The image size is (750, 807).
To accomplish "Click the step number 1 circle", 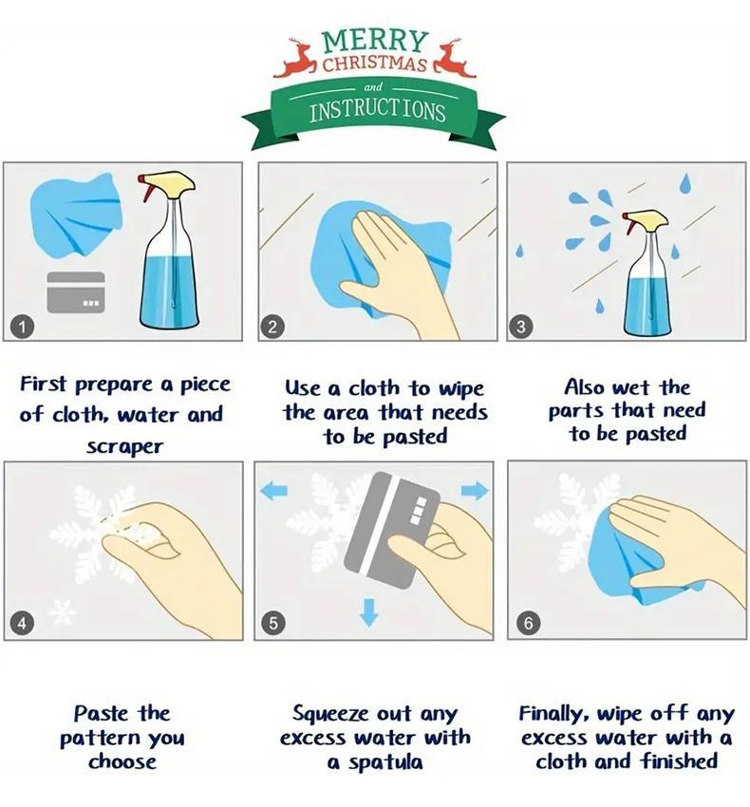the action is (22, 327).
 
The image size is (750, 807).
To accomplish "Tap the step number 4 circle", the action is (22, 623).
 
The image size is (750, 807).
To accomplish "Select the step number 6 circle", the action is (529, 623).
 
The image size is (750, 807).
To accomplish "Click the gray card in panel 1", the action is (76, 292).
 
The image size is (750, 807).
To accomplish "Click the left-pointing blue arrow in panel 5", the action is (273, 492).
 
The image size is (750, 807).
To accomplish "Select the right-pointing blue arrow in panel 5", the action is (475, 491).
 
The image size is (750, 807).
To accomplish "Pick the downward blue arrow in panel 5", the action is (368, 612).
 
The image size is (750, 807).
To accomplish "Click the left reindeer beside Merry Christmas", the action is (295, 58).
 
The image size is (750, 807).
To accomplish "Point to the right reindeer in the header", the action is (454, 58).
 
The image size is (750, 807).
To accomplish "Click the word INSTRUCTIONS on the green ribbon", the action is (377, 111).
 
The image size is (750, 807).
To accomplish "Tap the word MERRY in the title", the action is (375, 41).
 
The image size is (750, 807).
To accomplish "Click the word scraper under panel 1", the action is (124, 447).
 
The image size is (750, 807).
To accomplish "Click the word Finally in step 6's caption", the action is (553, 714).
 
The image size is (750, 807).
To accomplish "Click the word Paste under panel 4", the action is (101, 714).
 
